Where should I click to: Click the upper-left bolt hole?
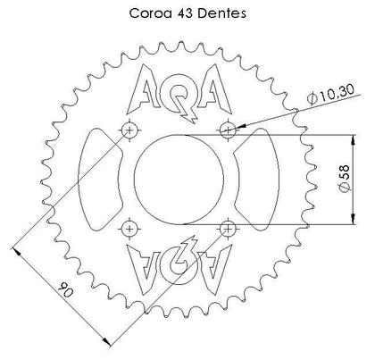point(131,131)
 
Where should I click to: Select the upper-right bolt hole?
point(229,131)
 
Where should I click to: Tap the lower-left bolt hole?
point(131,230)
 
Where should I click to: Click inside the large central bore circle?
point(179,180)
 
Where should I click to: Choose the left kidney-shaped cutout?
point(99,180)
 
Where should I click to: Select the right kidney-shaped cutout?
point(260,180)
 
